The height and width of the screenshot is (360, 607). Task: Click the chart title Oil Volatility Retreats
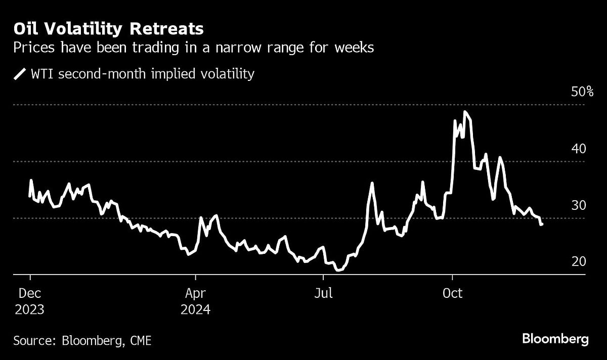coord(109,29)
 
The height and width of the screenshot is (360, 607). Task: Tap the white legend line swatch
coord(20,74)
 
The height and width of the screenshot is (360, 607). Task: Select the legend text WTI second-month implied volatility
coord(142,74)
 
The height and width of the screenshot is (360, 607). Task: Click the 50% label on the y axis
coord(582,92)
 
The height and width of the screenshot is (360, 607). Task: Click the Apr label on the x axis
coord(195,293)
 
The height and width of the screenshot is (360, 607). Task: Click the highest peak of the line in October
coord(464,112)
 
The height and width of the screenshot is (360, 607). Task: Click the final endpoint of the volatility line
coord(542,224)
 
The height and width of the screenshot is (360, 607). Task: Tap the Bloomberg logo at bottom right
coord(555,339)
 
